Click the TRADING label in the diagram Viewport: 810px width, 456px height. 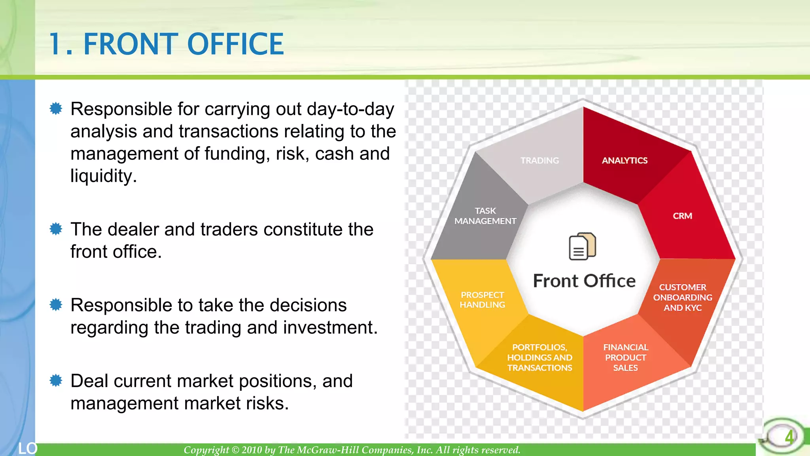(x=539, y=160)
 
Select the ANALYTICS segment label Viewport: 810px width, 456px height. (x=625, y=160)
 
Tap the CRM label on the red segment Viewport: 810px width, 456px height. (x=682, y=216)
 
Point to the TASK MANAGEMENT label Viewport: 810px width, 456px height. (x=485, y=216)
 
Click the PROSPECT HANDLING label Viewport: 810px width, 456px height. (x=482, y=300)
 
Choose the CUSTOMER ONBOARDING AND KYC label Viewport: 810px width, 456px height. (x=682, y=297)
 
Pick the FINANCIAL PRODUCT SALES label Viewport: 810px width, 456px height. (x=625, y=357)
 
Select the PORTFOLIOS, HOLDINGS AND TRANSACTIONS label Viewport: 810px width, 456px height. (x=539, y=357)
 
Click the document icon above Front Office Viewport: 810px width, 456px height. (x=582, y=246)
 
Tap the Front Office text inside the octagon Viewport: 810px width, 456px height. (x=584, y=281)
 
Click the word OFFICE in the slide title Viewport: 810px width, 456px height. (x=235, y=44)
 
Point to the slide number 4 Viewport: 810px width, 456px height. (x=789, y=437)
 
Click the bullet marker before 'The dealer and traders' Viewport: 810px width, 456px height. (x=56, y=229)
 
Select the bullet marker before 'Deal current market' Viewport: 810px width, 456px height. (x=56, y=380)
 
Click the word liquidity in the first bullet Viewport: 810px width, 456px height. (x=103, y=176)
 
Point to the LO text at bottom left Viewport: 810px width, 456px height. (x=28, y=448)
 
